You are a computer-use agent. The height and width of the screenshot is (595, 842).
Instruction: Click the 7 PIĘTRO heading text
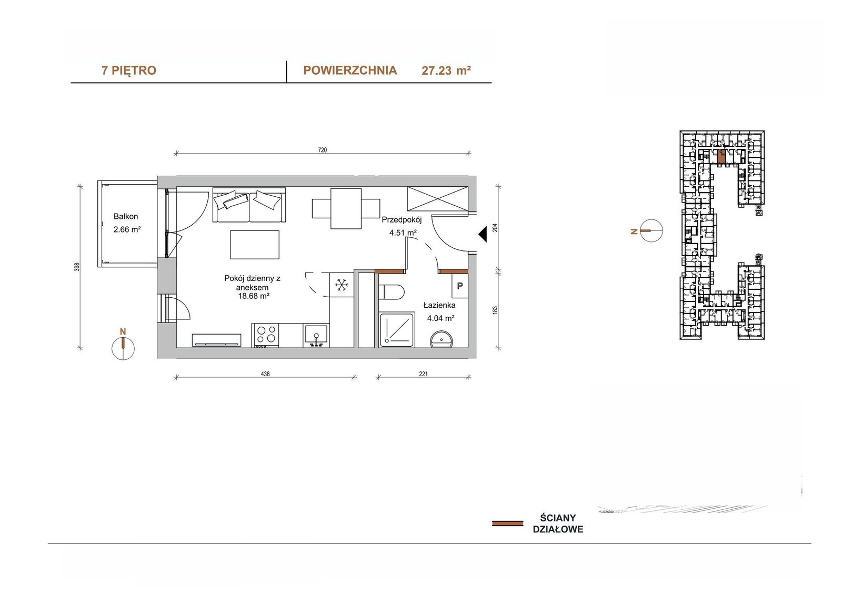click(129, 70)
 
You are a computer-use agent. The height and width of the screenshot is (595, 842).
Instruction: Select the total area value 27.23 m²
click(446, 70)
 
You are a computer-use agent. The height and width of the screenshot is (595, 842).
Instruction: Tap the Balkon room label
click(126, 217)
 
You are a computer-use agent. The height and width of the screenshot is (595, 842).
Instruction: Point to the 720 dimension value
click(323, 150)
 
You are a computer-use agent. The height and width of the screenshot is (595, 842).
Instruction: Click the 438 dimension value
click(265, 374)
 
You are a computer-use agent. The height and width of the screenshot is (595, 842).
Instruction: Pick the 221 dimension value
click(423, 374)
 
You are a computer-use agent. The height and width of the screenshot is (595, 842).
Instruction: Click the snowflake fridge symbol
click(342, 285)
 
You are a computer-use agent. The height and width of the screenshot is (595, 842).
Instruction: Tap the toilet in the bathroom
click(392, 291)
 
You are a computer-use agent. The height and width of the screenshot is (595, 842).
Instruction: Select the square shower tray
click(397, 329)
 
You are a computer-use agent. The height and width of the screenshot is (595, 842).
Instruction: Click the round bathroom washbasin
click(442, 339)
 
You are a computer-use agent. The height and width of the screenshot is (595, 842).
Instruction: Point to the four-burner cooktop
click(265, 335)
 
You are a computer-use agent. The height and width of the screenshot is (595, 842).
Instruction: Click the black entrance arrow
click(483, 235)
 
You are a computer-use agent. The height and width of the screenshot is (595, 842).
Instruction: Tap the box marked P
click(460, 286)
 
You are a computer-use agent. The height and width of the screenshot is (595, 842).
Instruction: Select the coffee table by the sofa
click(255, 245)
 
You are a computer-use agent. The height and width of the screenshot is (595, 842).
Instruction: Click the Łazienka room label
click(439, 305)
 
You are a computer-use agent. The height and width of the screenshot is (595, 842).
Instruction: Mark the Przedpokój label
click(402, 220)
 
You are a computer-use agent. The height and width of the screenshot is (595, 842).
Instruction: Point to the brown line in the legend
click(507, 523)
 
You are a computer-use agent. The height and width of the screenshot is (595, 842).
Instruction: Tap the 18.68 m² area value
click(254, 296)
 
